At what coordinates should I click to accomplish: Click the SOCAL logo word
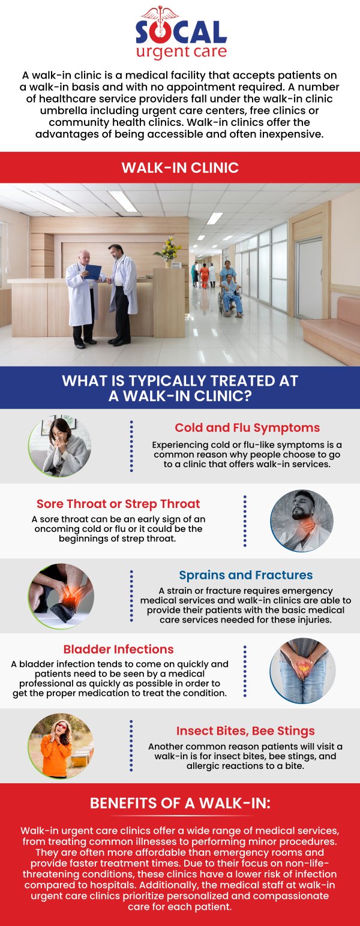pos(181,32)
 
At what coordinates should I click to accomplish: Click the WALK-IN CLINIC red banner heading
pos(180,167)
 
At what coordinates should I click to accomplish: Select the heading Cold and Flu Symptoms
pos(247,428)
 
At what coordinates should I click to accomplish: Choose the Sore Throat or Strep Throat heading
pos(118,504)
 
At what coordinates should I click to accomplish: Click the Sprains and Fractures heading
pos(246,575)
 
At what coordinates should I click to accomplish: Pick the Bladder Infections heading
pos(119,649)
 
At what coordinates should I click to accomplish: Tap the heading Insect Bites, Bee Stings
pos(245,731)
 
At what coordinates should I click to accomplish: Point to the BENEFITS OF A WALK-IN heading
pos(180,803)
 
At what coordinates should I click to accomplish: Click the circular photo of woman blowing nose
pos(60,447)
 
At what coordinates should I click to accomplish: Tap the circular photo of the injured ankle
pos(61,596)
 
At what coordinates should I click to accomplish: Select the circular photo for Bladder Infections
pos(302,671)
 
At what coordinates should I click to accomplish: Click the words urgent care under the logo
pos(181,52)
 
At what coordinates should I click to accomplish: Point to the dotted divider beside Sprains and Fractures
pos(131,596)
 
